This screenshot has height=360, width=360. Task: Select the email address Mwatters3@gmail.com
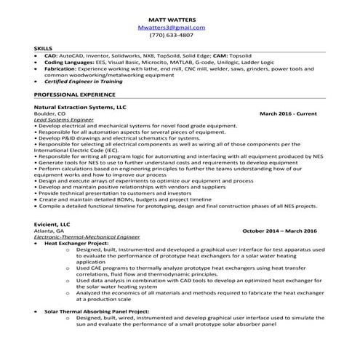coord(171,27)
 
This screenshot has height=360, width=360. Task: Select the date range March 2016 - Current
coord(288,114)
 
